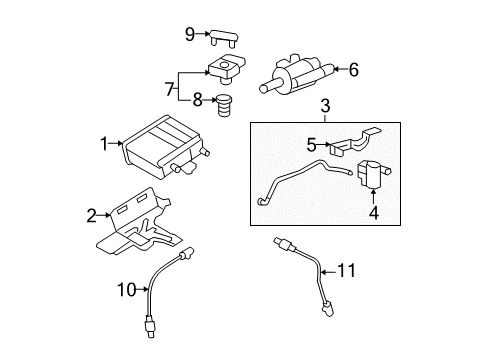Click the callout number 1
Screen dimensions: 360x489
pos(103,145)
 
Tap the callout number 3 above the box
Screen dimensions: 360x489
pos(324,106)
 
